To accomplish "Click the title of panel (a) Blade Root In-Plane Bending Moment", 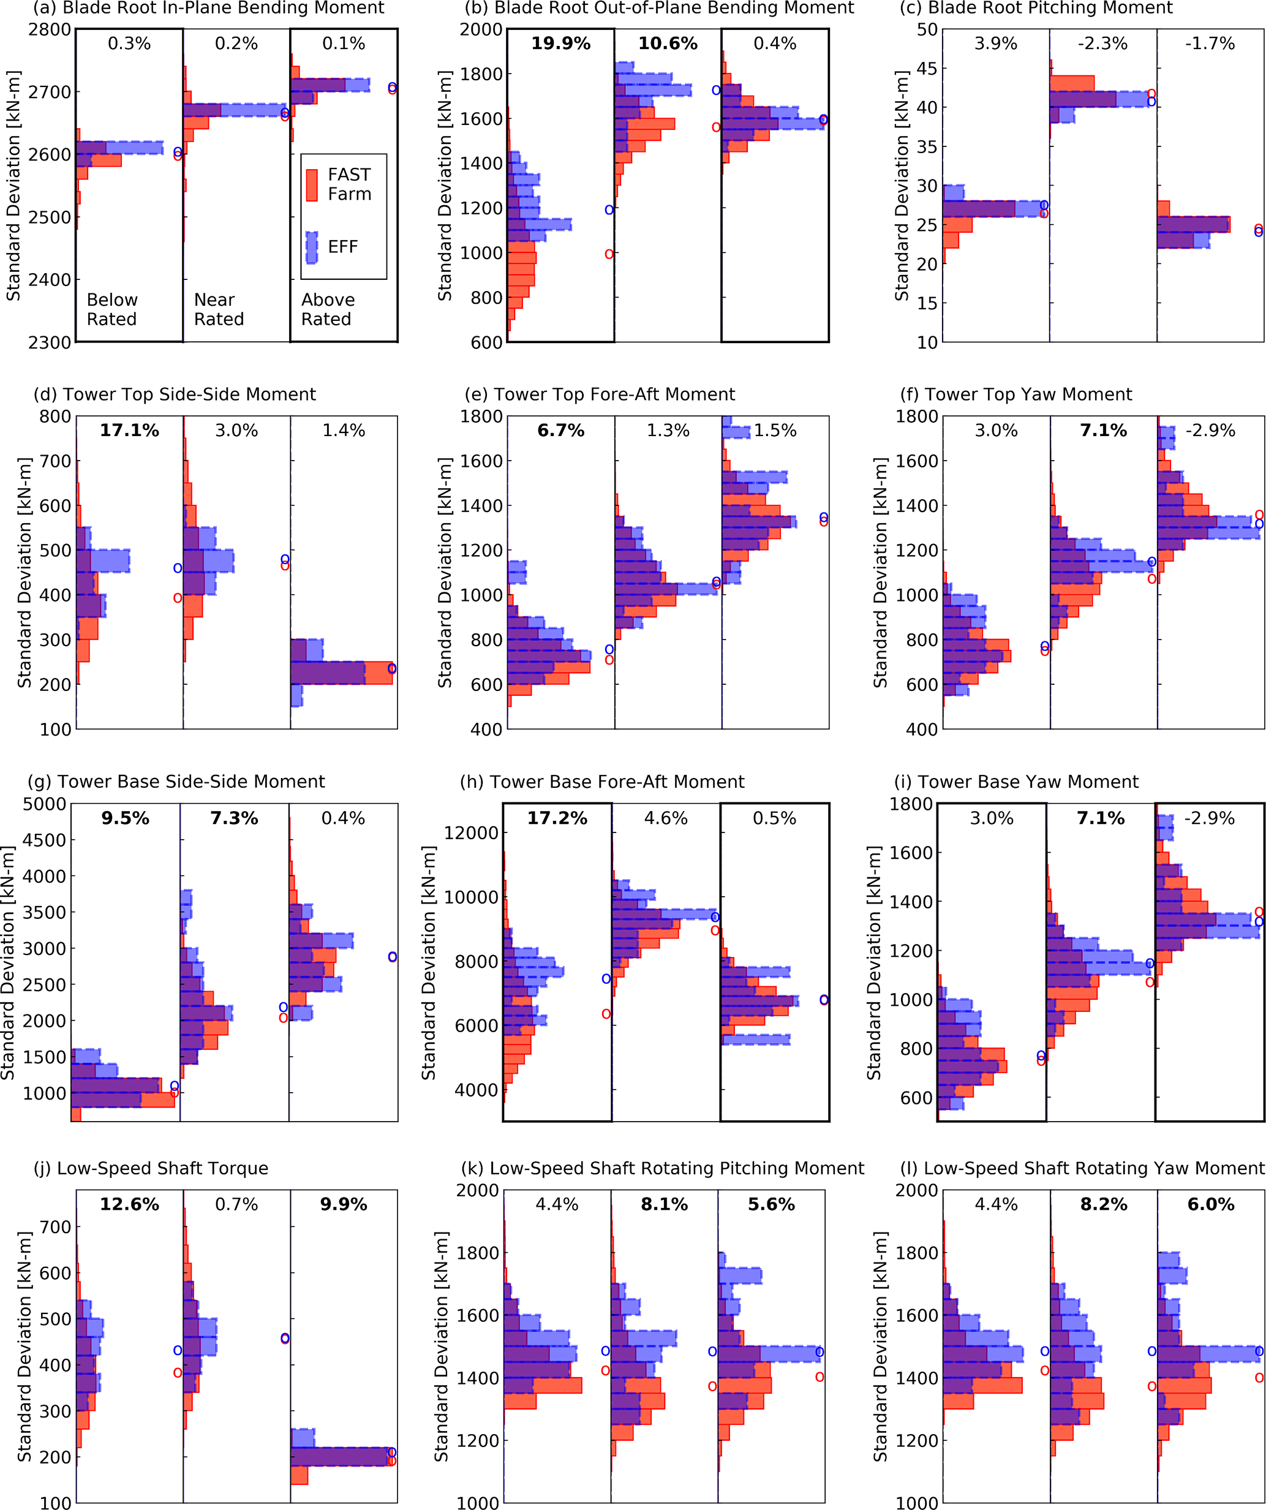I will point(208,8).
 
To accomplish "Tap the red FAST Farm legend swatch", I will point(312,185).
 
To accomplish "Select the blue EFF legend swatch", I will point(312,247).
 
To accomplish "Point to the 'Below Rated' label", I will point(112,309).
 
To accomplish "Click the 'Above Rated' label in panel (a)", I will point(328,309).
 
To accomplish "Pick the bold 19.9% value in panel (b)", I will point(561,44).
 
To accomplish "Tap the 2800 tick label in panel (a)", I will point(50,29).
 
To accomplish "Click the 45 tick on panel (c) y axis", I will point(927,69).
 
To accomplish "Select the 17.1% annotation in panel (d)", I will point(129,431).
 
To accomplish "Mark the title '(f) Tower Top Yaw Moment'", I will point(1016,394).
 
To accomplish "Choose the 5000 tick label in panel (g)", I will point(45,804).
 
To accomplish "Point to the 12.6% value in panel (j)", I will point(129,1204).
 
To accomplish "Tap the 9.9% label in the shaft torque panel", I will point(344,1204).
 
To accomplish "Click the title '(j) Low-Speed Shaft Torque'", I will point(151,1168).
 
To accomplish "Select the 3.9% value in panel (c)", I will point(996,44).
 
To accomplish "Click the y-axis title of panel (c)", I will point(902,186).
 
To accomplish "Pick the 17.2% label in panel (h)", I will point(557,818).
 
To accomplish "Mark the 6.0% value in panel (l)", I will point(1211,1204).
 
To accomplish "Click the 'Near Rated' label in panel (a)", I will point(219,309).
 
